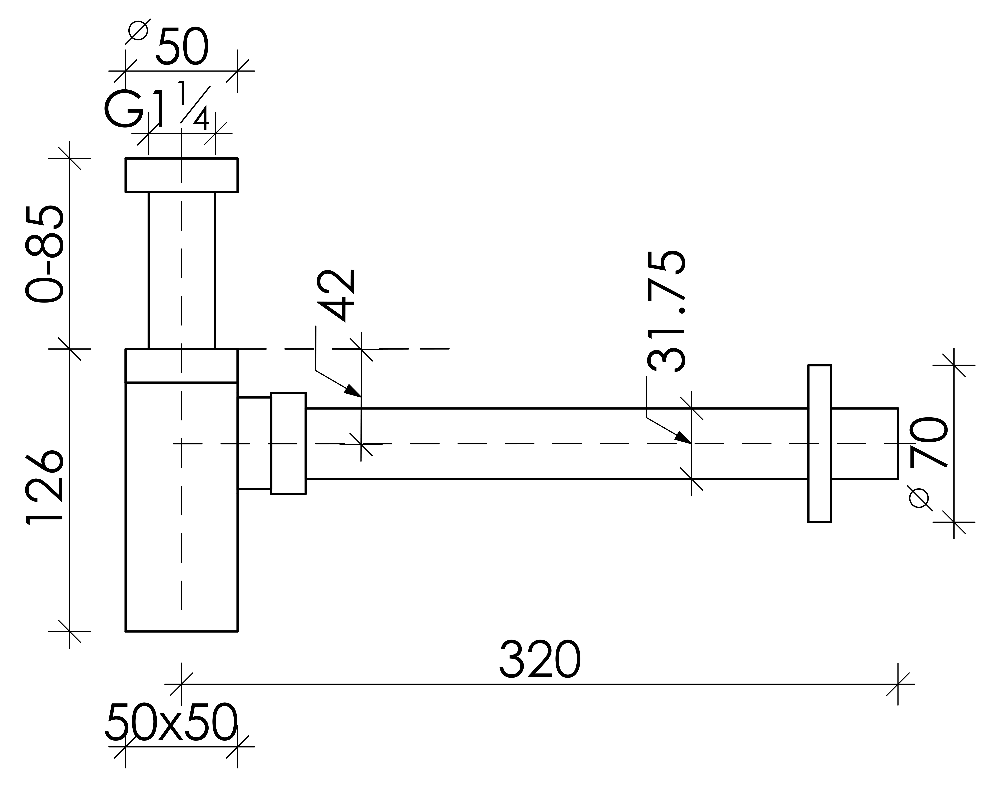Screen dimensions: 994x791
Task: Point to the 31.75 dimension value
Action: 666,311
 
